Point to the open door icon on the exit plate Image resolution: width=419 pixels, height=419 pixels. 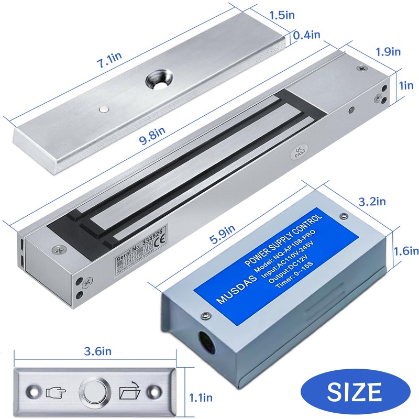(x=131, y=391)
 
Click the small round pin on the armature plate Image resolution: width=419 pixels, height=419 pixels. (x=104, y=109)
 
